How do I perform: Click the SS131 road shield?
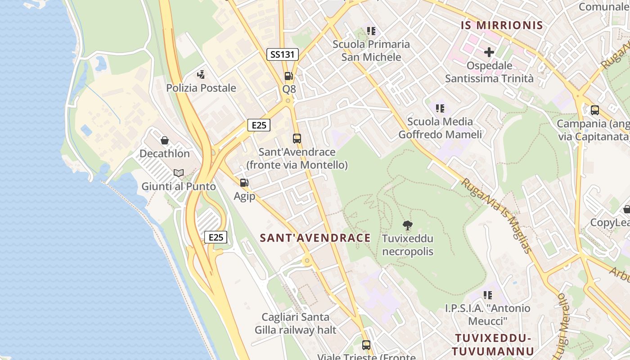point(282,54)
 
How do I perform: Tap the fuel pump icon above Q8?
point(288,76)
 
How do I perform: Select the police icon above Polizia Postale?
point(201,74)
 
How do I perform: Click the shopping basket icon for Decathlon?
point(165,140)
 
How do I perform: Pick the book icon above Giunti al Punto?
point(179,173)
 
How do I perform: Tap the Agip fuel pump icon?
point(244,183)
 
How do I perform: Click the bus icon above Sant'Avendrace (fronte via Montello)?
point(297,139)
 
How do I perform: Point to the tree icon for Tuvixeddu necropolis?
point(408,225)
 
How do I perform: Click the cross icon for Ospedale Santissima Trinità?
point(489,52)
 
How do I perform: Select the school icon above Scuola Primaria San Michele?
point(371,31)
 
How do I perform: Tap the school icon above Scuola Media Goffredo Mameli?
point(440,108)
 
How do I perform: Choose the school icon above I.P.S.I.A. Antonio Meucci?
point(488,295)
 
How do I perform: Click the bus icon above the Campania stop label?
point(594,110)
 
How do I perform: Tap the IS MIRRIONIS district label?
point(502,25)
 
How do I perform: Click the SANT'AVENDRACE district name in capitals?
point(315,238)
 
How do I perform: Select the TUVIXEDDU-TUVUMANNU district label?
point(493,345)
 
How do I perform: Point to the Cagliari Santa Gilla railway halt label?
point(295,324)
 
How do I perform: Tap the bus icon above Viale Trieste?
point(366,345)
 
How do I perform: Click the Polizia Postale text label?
point(201,88)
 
